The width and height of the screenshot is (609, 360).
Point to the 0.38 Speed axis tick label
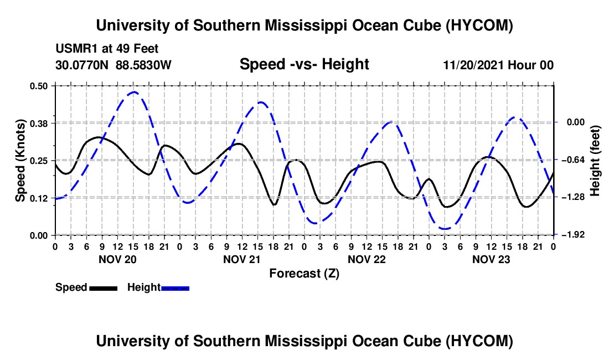point(38,124)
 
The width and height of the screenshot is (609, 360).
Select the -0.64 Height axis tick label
point(576,160)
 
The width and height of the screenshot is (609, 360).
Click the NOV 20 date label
point(117,259)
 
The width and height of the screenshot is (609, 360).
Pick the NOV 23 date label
point(491,259)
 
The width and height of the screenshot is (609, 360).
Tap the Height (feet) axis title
point(595,161)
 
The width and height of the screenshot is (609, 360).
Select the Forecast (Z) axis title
point(304,274)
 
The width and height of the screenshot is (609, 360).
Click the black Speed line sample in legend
point(104,288)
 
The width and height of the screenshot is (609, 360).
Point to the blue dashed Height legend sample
point(175,288)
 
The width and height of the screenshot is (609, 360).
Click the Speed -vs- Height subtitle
point(304,64)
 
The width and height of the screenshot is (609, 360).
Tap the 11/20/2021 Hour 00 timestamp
point(498,65)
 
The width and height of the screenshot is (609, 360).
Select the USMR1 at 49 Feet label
point(107,49)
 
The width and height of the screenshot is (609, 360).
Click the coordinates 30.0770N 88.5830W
point(113,65)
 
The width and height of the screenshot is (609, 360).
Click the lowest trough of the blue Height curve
point(445,229)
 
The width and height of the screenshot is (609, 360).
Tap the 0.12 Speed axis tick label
point(38,198)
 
